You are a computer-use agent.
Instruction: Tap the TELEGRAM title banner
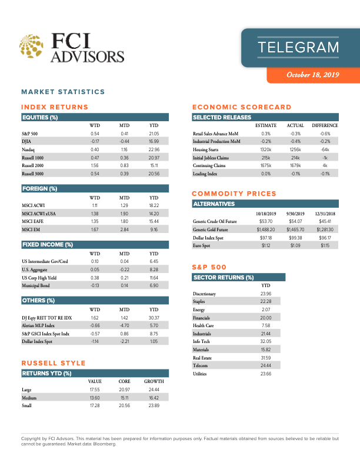(299, 47)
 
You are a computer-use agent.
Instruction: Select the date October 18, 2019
(313, 75)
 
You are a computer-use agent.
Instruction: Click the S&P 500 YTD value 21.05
(154, 134)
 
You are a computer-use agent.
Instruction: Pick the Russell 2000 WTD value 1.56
(95, 167)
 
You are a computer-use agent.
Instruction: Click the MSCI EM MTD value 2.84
(124, 229)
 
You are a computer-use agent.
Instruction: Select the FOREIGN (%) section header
(39, 189)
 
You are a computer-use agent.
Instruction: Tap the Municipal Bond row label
(37, 285)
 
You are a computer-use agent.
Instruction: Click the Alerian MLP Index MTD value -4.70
(124, 325)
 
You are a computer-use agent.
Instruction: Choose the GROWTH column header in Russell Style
(154, 381)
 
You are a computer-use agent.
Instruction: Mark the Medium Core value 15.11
(124, 398)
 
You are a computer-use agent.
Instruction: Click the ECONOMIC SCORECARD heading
(242, 107)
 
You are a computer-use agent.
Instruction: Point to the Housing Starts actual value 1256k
(295, 150)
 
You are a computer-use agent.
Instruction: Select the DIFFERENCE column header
(325, 125)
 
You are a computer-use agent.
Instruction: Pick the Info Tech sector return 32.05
(265, 341)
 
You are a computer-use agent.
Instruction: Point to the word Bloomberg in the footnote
(105, 444)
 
